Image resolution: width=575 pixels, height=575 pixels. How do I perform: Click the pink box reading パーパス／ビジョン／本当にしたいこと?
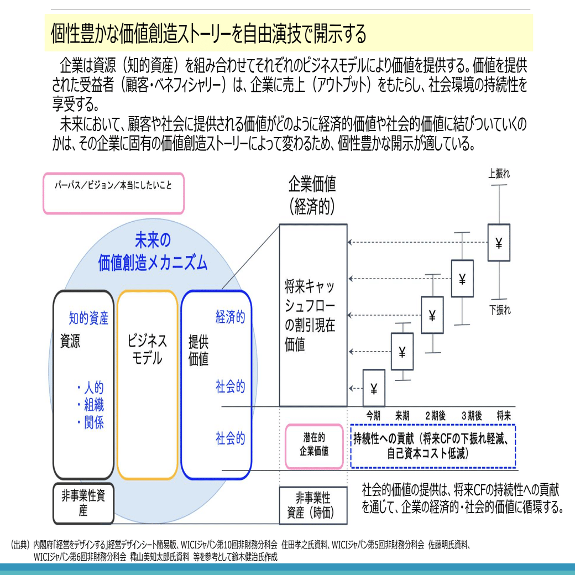[113, 193]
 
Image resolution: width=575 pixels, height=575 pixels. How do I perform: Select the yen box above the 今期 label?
[374, 388]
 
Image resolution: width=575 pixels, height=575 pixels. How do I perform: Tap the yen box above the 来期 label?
[402, 351]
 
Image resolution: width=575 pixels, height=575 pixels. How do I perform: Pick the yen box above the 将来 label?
[499, 242]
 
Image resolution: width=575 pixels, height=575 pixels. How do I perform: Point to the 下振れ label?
[500, 310]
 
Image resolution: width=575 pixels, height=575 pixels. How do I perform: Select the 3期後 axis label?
[472, 415]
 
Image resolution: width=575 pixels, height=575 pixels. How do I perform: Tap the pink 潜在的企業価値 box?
[314, 446]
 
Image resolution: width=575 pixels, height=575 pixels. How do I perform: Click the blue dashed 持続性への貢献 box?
[433, 446]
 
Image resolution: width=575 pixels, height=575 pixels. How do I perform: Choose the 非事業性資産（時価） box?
[313, 505]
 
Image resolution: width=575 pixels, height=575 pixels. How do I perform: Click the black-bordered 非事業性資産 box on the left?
[83, 503]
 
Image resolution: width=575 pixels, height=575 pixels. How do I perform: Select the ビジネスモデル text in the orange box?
[148, 349]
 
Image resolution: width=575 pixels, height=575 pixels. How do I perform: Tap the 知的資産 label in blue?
[88, 318]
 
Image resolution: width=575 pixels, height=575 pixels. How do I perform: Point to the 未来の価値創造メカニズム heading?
[153, 252]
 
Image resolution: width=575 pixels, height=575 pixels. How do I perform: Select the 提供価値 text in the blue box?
[198, 350]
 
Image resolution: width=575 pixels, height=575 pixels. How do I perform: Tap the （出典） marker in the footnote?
[20, 545]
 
